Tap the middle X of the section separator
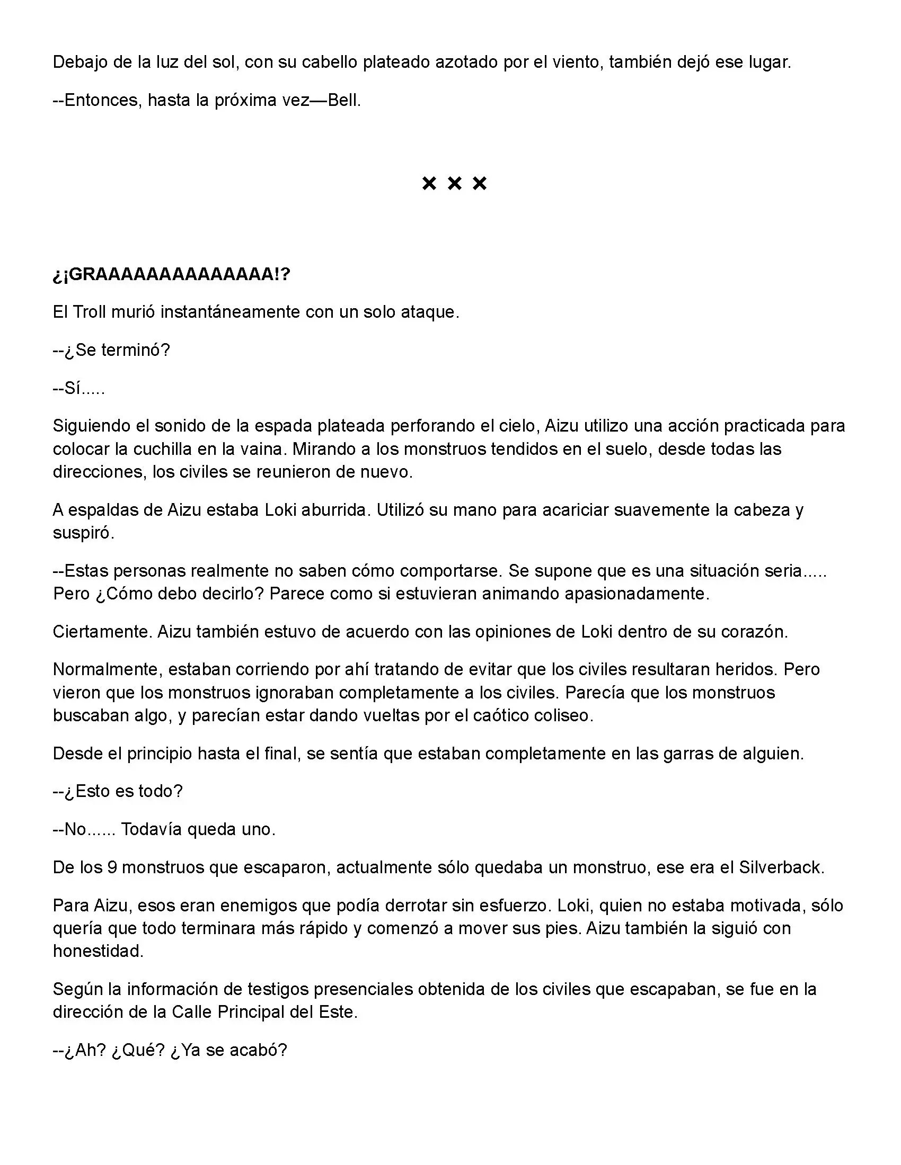pos(454,184)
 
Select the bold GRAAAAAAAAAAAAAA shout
pos(171,274)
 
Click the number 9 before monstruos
pos(112,867)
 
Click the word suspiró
pos(83,533)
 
